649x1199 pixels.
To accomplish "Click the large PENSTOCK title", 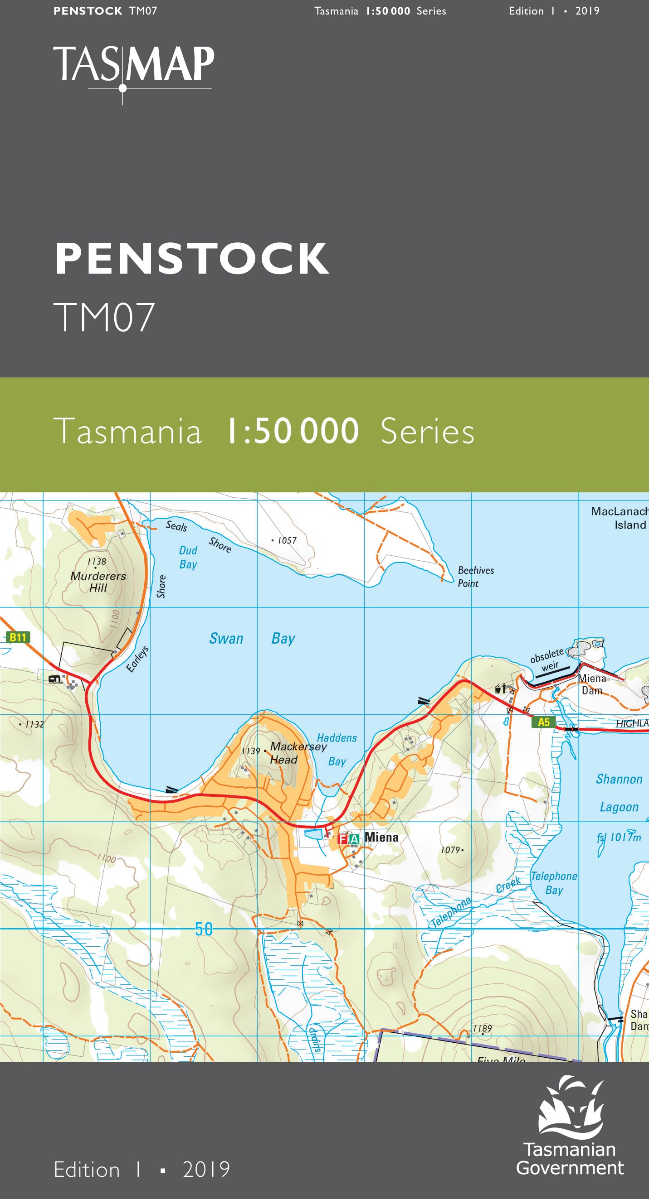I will point(191,259).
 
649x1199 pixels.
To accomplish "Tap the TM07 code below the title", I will point(104,318).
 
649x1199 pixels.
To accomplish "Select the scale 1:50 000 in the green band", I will point(292,431).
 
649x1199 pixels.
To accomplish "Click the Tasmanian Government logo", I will point(570,1127).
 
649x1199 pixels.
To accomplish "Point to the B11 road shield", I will point(18,637).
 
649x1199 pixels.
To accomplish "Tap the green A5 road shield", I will point(543,722).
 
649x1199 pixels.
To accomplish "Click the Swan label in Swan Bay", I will point(226,638).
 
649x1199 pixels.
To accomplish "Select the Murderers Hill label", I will point(98,581).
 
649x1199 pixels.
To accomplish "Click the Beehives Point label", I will point(475,577).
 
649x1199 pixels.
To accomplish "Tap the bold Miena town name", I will point(381,837).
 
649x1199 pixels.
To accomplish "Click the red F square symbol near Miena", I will point(342,839).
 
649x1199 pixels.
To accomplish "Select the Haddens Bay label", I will point(337,749).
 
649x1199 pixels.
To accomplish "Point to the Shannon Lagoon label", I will point(619,793).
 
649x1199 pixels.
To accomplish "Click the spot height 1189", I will point(482,1028).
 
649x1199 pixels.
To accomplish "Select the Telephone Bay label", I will point(554,883).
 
